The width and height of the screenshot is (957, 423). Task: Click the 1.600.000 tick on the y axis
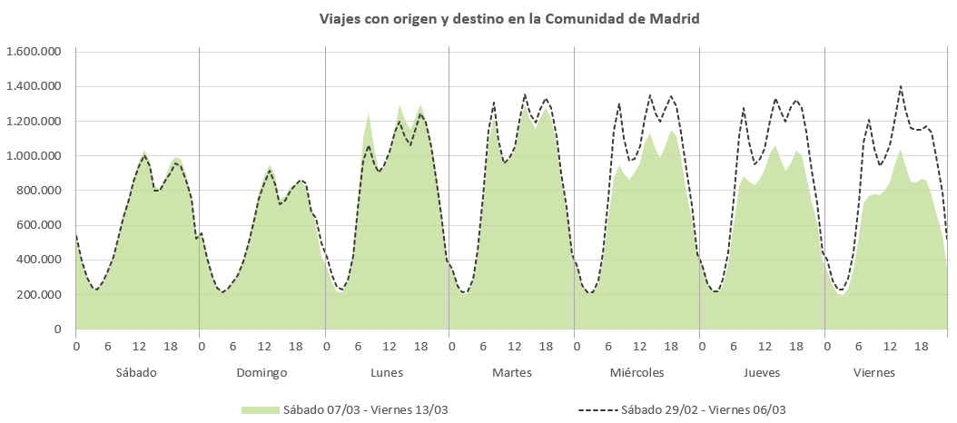[x=33, y=52]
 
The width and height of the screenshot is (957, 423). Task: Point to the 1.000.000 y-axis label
[x=33, y=156]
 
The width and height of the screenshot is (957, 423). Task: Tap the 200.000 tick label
[x=38, y=295]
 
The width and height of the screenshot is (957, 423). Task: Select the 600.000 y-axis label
[x=38, y=225]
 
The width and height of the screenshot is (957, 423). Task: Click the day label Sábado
[x=136, y=373]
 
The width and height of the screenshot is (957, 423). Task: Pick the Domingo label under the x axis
[x=261, y=373]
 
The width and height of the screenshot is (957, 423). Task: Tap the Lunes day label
[x=387, y=373]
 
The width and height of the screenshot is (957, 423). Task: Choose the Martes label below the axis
[x=512, y=373]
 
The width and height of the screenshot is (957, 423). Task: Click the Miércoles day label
[x=636, y=373]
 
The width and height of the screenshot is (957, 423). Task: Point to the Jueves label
[x=762, y=373]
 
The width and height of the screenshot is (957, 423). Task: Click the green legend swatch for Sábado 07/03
[x=260, y=409]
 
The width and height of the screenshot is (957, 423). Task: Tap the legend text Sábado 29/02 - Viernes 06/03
[x=703, y=409]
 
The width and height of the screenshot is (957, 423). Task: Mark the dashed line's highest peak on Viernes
[x=900, y=87]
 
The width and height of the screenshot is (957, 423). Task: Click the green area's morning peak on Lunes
[x=369, y=114]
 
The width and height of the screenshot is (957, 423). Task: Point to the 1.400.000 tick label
[x=33, y=86]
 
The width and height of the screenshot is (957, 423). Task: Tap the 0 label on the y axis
[x=56, y=330]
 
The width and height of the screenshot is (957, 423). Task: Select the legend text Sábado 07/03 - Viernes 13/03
[x=365, y=409]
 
